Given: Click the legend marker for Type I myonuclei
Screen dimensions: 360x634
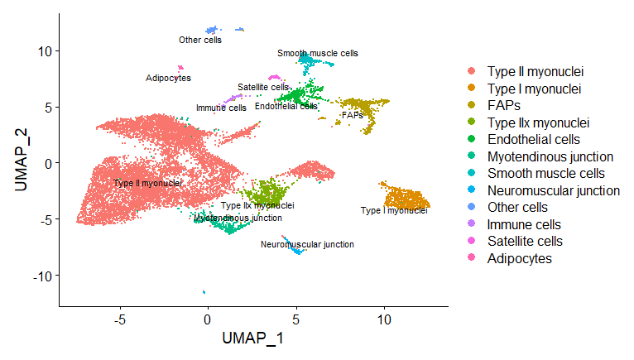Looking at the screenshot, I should click(x=473, y=89).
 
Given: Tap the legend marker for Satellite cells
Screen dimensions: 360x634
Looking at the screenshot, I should click(x=473, y=241).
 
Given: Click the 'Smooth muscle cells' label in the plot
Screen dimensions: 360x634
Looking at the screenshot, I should click(x=318, y=53).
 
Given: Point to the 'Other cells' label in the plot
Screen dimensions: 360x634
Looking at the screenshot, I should click(x=200, y=40).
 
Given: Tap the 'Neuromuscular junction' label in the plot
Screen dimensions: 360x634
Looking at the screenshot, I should click(x=307, y=244).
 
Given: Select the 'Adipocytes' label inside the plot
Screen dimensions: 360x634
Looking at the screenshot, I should click(x=168, y=79).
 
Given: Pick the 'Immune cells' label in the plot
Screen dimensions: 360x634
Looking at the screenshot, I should click(x=221, y=108).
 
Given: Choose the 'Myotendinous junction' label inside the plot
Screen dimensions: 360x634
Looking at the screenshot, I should click(x=238, y=218).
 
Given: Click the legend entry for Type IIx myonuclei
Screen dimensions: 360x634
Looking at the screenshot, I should click(x=537, y=122).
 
